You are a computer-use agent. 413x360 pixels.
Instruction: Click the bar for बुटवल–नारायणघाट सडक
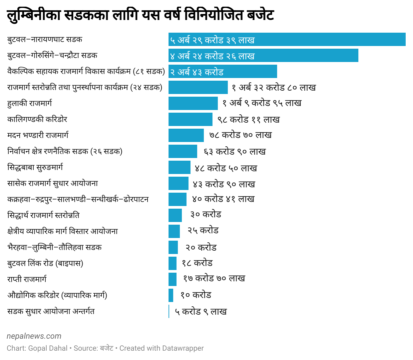coord(287,39)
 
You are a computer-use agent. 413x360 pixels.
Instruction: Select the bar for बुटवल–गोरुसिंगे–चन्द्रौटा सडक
coord(263,55)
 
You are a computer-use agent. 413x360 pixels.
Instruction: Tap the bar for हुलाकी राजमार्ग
coord(193,103)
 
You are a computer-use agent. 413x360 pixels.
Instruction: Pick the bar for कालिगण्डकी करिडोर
coord(190,119)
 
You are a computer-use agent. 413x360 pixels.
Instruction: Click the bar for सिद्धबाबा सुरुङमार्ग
coord(179,167)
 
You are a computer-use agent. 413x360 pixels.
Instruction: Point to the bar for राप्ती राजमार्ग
coord(172,279)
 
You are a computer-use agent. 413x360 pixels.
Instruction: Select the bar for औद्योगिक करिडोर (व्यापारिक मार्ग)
coord(171,295)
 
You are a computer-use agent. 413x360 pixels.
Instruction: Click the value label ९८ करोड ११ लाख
coord(248,119)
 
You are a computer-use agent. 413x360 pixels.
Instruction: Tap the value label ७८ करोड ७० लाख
coord(240,135)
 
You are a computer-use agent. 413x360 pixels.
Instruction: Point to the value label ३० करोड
coord(206,214)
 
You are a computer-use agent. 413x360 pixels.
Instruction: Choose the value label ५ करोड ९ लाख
coord(201,312)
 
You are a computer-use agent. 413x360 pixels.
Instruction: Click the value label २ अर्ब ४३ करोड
coord(197,72)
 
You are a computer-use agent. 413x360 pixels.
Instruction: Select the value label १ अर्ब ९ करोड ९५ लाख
coord(262,103)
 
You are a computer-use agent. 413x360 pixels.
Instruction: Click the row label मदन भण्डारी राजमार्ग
coord(38,135)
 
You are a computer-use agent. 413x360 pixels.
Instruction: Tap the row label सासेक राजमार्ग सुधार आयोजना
coord(53,183)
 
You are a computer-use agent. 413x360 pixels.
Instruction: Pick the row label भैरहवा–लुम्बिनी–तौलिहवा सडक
coord(54,247)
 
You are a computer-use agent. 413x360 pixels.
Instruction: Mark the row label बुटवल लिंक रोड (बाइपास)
coord(45,263)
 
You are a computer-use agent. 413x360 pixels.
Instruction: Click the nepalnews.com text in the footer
coord(34,336)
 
